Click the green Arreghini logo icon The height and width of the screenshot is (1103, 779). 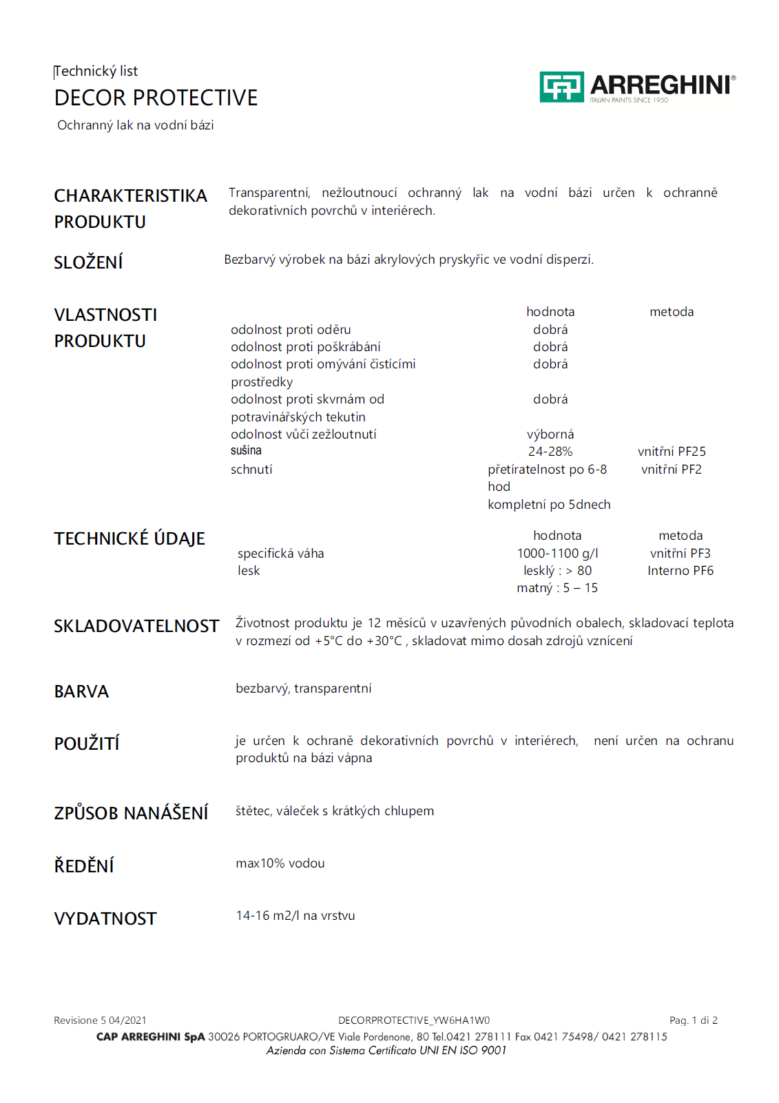tap(561, 87)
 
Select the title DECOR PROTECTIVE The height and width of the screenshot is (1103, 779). tap(156, 98)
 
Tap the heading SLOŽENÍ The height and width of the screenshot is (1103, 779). tap(88, 262)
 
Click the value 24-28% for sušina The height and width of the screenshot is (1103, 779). tap(550, 452)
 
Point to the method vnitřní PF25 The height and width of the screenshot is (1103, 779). tap(672, 452)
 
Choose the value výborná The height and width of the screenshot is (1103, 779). tap(550, 434)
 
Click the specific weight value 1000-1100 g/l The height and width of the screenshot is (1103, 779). tap(557, 554)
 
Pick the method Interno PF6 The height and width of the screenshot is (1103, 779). tap(680, 571)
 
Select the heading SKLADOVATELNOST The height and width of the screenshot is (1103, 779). tap(136, 626)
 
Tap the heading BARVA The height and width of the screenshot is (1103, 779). tap(81, 692)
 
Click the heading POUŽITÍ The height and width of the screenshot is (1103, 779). tap(87, 744)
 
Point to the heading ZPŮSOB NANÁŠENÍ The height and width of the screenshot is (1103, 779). tap(131, 813)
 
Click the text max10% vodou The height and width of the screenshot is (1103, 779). tap(280, 863)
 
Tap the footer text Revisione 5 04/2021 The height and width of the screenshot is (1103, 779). tap(100, 1020)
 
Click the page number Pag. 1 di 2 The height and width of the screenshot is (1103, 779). tap(693, 1020)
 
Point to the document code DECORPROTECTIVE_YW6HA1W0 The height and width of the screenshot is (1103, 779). tap(413, 1020)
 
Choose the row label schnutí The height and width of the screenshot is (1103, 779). tap(251, 470)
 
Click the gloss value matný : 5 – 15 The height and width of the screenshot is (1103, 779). tap(557, 588)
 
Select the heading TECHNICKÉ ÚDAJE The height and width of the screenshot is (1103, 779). tap(129, 539)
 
